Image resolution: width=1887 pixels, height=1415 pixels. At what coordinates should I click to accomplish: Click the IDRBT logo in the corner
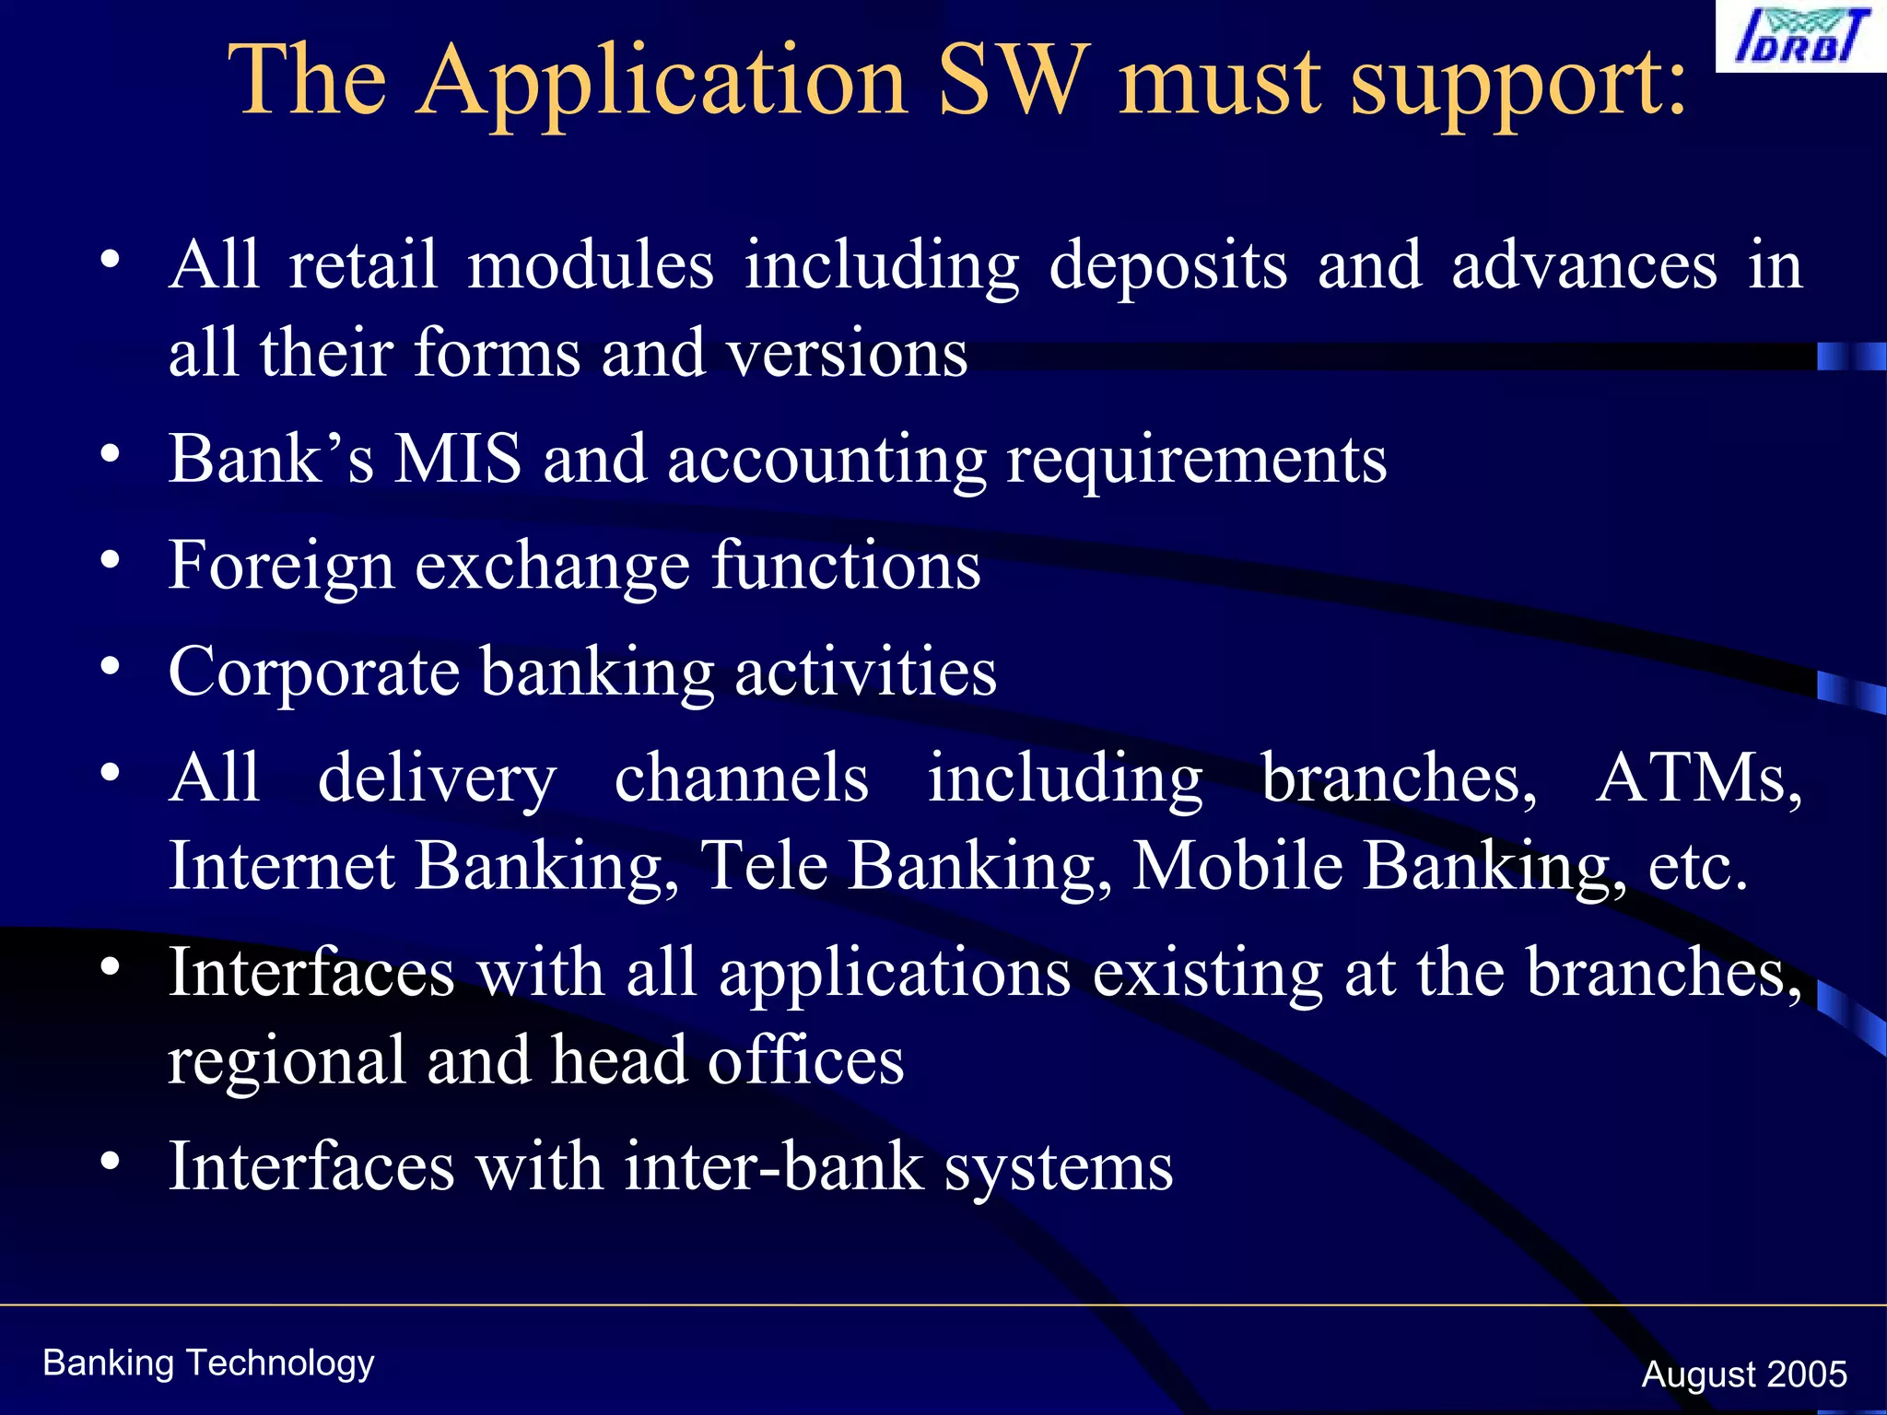point(1800,37)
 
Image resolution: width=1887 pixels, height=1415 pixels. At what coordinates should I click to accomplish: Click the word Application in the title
point(662,83)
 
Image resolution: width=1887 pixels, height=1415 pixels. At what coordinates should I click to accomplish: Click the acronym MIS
point(458,459)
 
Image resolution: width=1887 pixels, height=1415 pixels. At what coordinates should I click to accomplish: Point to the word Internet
point(282,866)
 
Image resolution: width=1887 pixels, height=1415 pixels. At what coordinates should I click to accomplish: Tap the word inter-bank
point(774,1167)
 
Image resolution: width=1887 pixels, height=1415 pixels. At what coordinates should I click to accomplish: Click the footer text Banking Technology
point(208,1363)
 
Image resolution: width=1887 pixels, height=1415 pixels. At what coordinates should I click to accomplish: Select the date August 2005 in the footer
point(1743,1374)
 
